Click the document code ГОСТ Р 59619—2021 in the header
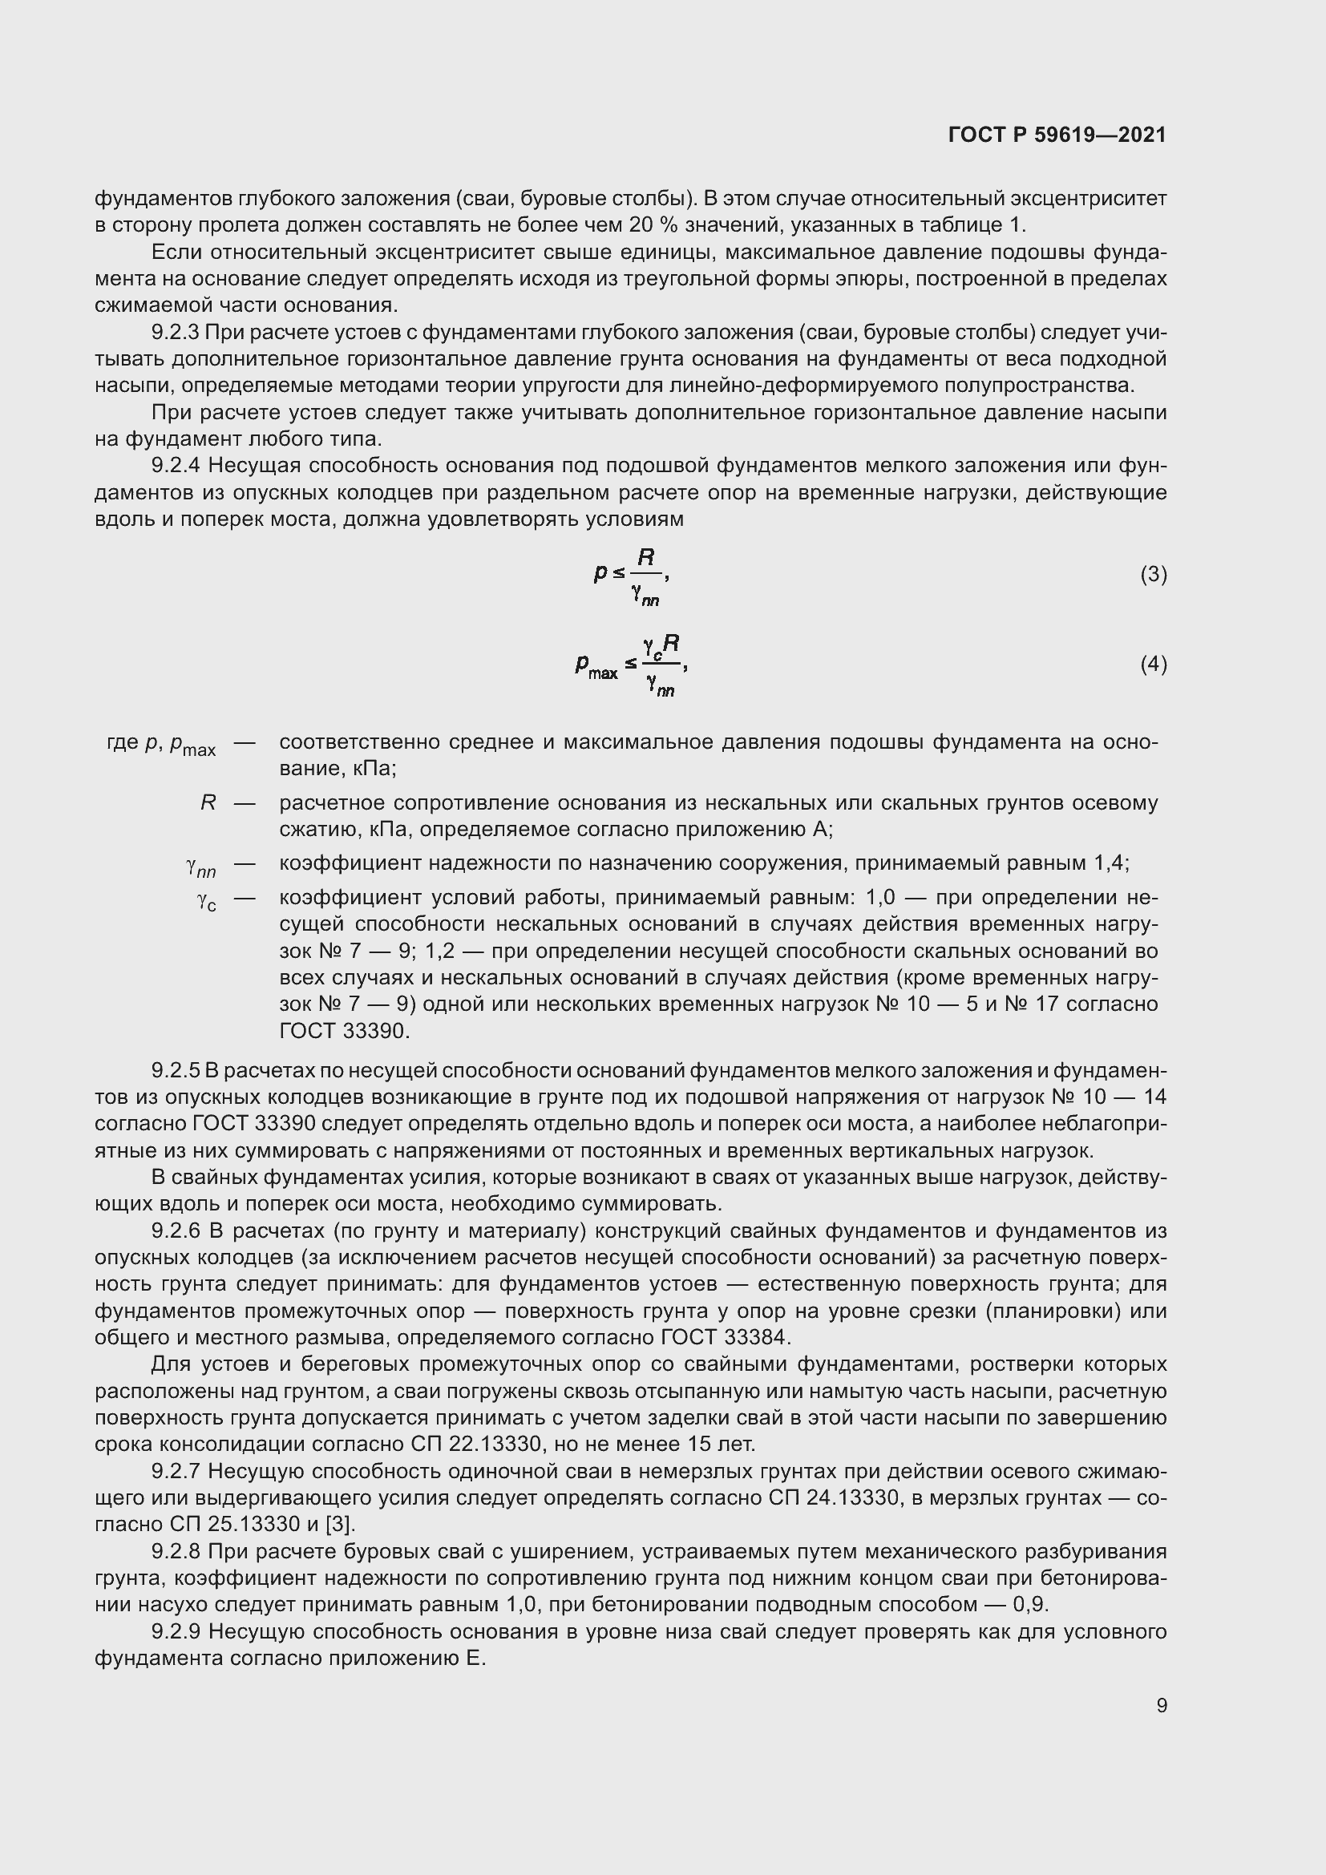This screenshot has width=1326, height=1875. (1057, 135)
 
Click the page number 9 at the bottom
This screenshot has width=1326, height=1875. (1161, 1705)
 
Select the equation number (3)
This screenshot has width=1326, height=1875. (1153, 575)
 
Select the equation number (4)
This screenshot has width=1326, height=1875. (1153, 664)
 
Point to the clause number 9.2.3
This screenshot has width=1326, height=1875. (175, 333)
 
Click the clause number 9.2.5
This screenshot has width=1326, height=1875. (175, 1070)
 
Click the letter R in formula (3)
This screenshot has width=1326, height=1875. (646, 558)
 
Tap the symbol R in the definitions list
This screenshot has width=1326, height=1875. (208, 802)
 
